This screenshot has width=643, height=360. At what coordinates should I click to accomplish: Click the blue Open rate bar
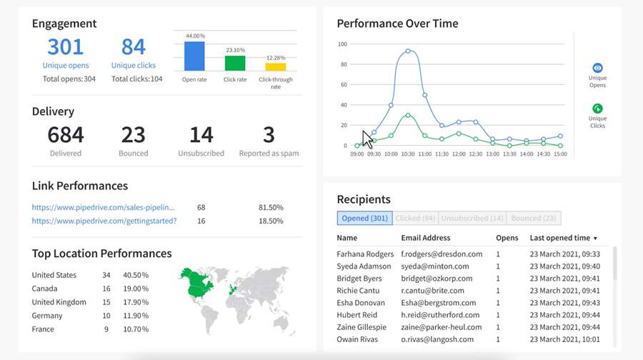pos(194,56)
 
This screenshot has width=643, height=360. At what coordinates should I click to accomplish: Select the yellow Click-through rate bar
pos(276,66)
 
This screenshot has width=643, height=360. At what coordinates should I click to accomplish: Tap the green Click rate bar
pos(235,63)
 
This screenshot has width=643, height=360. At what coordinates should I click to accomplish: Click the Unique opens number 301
pos(65,47)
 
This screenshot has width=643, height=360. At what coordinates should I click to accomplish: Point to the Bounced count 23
pos(134,135)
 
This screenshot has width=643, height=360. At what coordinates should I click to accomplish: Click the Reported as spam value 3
pos(269,135)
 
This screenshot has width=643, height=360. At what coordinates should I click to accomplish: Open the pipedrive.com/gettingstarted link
pos(104,221)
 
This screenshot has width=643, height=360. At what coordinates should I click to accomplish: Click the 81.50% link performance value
pos(271,207)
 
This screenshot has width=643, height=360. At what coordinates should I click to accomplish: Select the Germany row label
pos(48,316)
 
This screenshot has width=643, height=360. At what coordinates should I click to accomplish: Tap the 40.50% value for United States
pos(136,275)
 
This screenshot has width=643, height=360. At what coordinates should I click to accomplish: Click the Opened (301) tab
pos(364,219)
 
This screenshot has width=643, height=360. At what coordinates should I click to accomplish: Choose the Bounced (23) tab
pos(534,219)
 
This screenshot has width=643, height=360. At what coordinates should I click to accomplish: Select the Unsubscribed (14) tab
pos(472,219)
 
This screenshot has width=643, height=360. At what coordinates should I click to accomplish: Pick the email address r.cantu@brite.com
pos(432,291)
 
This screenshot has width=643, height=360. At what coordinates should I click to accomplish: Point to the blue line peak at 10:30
pos(408,51)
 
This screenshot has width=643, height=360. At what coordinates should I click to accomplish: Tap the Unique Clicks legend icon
pos(598,109)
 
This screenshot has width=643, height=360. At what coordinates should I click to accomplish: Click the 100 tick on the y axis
pos(342,44)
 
